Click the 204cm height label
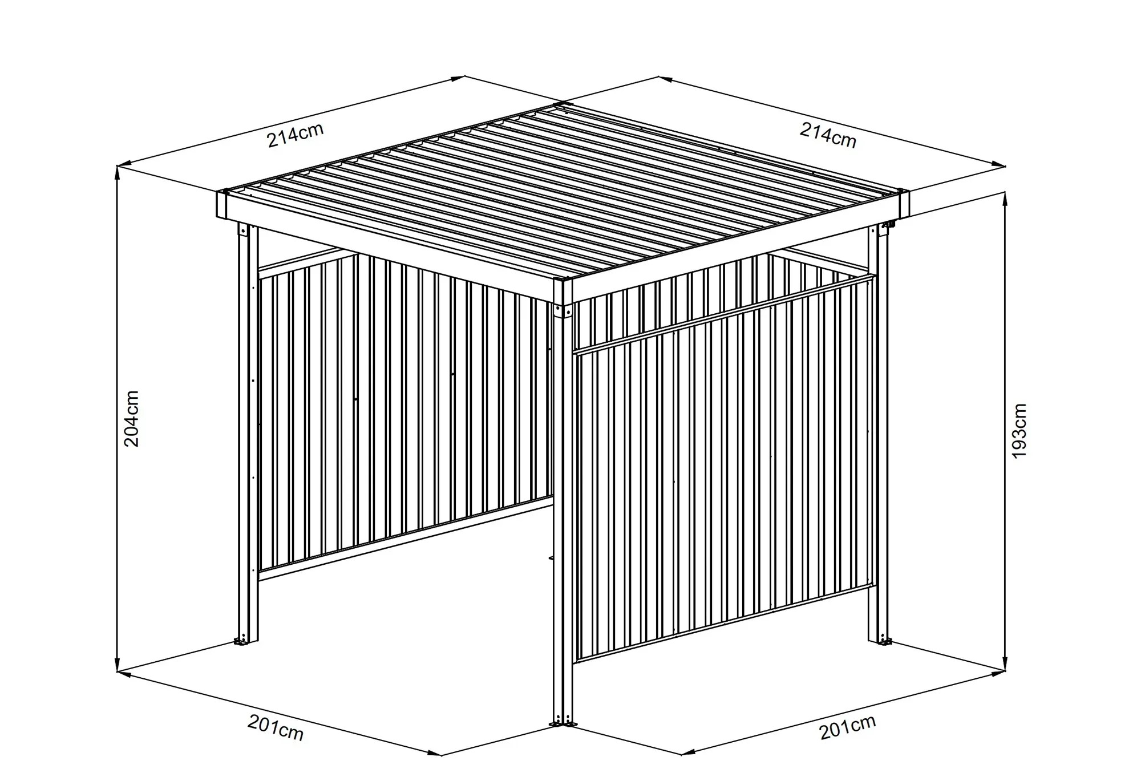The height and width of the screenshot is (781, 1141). coord(132,419)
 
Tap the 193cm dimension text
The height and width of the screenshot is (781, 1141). coord(1019,431)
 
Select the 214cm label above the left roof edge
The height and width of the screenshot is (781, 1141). coord(296,135)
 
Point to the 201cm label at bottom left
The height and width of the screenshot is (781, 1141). coord(276,729)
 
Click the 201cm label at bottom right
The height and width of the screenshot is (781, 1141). coord(848,727)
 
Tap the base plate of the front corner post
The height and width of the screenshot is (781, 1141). coord(563,725)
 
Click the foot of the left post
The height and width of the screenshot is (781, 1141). coord(246,642)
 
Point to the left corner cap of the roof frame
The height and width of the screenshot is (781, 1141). coord(222,204)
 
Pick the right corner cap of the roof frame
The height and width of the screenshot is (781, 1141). coord(903,204)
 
